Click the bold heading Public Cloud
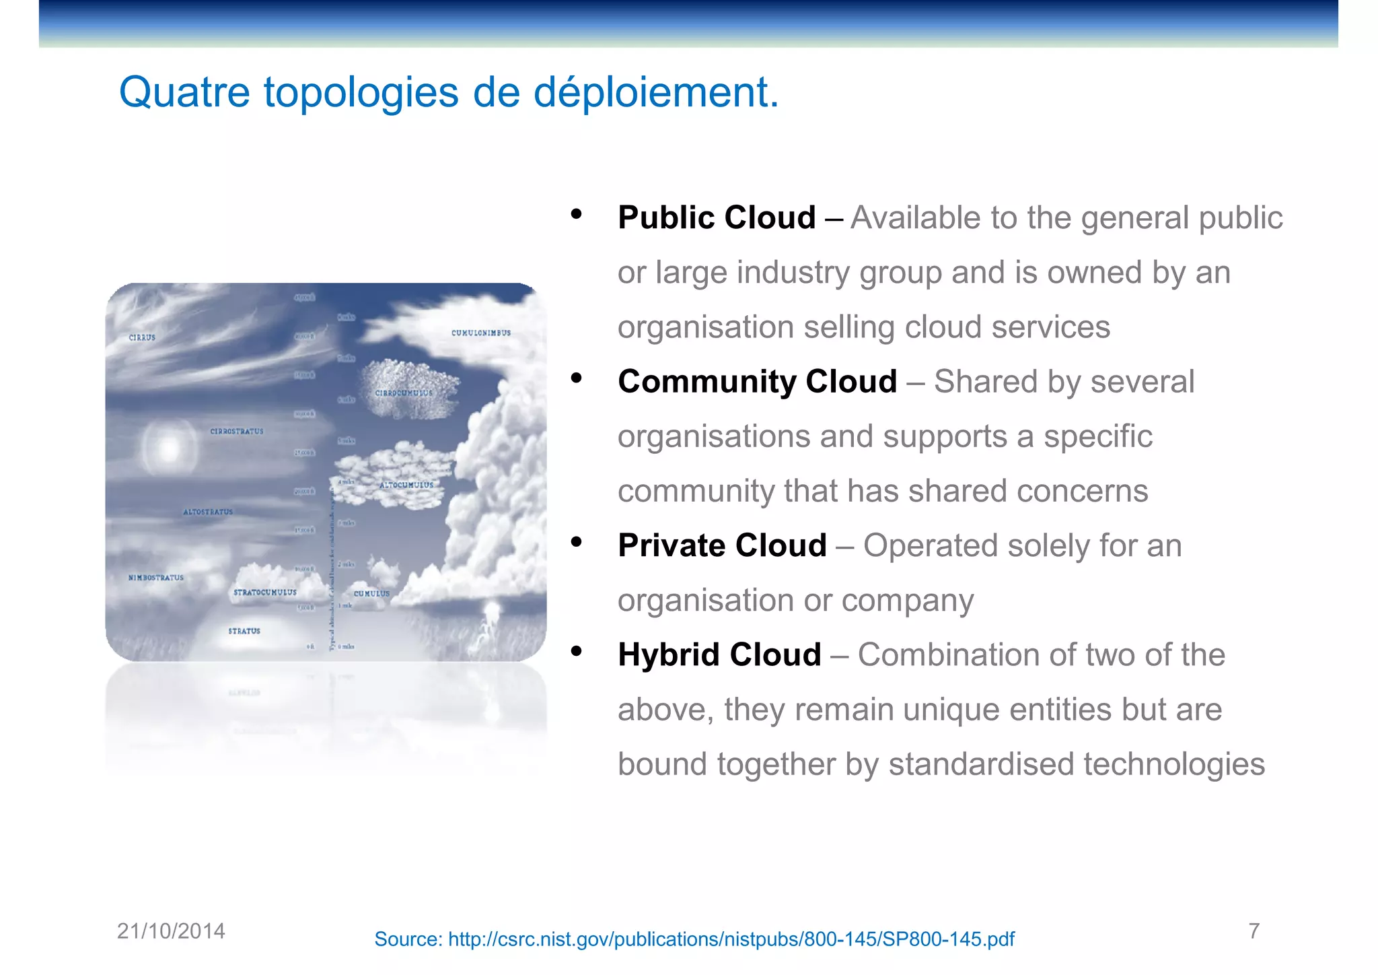pyautogui.click(x=716, y=217)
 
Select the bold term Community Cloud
pyautogui.click(x=757, y=382)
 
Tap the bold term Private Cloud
pyautogui.click(x=722, y=545)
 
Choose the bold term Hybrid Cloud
pyautogui.click(x=719, y=654)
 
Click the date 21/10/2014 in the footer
pyautogui.click(x=171, y=931)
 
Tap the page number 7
pyautogui.click(x=1254, y=931)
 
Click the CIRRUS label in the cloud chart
pyautogui.click(x=142, y=337)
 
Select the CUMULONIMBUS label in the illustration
pyautogui.click(x=480, y=333)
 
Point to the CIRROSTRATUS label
pyautogui.click(x=237, y=431)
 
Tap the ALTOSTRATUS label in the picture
pyautogui.click(x=208, y=512)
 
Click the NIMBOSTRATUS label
pyautogui.click(x=156, y=578)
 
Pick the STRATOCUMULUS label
pyautogui.click(x=264, y=593)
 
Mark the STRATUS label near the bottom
pyautogui.click(x=244, y=631)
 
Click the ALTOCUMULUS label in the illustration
pyautogui.click(x=406, y=485)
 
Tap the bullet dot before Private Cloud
pyautogui.click(x=576, y=542)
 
